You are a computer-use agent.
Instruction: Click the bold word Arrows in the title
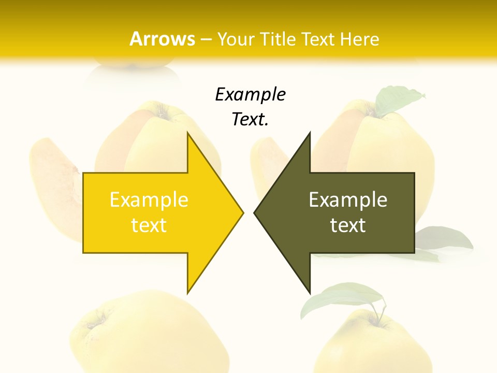click(162, 39)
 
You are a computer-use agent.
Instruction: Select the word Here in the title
click(359, 39)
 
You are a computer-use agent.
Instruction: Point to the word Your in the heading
click(235, 39)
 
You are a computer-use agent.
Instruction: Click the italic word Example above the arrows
click(251, 95)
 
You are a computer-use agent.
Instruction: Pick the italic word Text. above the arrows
click(251, 120)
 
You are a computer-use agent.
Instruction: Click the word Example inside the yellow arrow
click(149, 200)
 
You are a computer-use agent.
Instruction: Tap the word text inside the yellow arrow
click(149, 225)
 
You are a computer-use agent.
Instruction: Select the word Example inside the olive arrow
click(348, 200)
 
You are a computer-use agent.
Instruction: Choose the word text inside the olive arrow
click(348, 225)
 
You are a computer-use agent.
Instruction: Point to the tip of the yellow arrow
click(242, 212)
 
